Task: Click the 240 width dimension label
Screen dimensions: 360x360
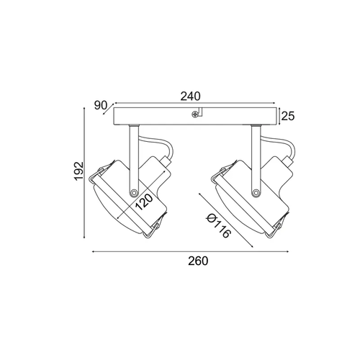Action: pos(190,96)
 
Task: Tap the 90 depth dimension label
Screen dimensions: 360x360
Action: pos(100,105)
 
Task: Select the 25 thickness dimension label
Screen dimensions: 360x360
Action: pos(288,116)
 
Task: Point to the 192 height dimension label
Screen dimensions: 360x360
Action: pos(78,171)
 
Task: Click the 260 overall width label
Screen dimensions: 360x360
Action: pos(198,261)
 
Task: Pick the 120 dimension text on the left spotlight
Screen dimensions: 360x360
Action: pos(144,202)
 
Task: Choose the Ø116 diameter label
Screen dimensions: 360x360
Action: pos(218,226)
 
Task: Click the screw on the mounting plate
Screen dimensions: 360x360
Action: pos(195,114)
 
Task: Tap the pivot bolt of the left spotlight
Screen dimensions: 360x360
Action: pos(133,192)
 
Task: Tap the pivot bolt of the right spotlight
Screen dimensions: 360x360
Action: pos(256,192)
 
